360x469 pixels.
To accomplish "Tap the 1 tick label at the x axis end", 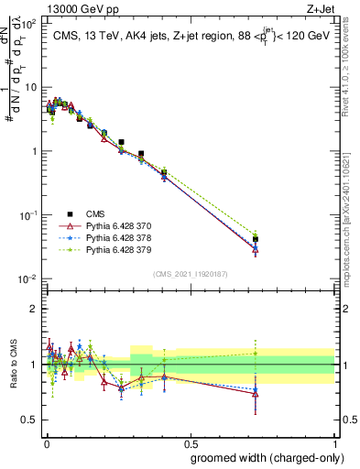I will [x=333, y=442].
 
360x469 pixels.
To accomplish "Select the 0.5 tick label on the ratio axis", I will [x=29, y=420].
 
